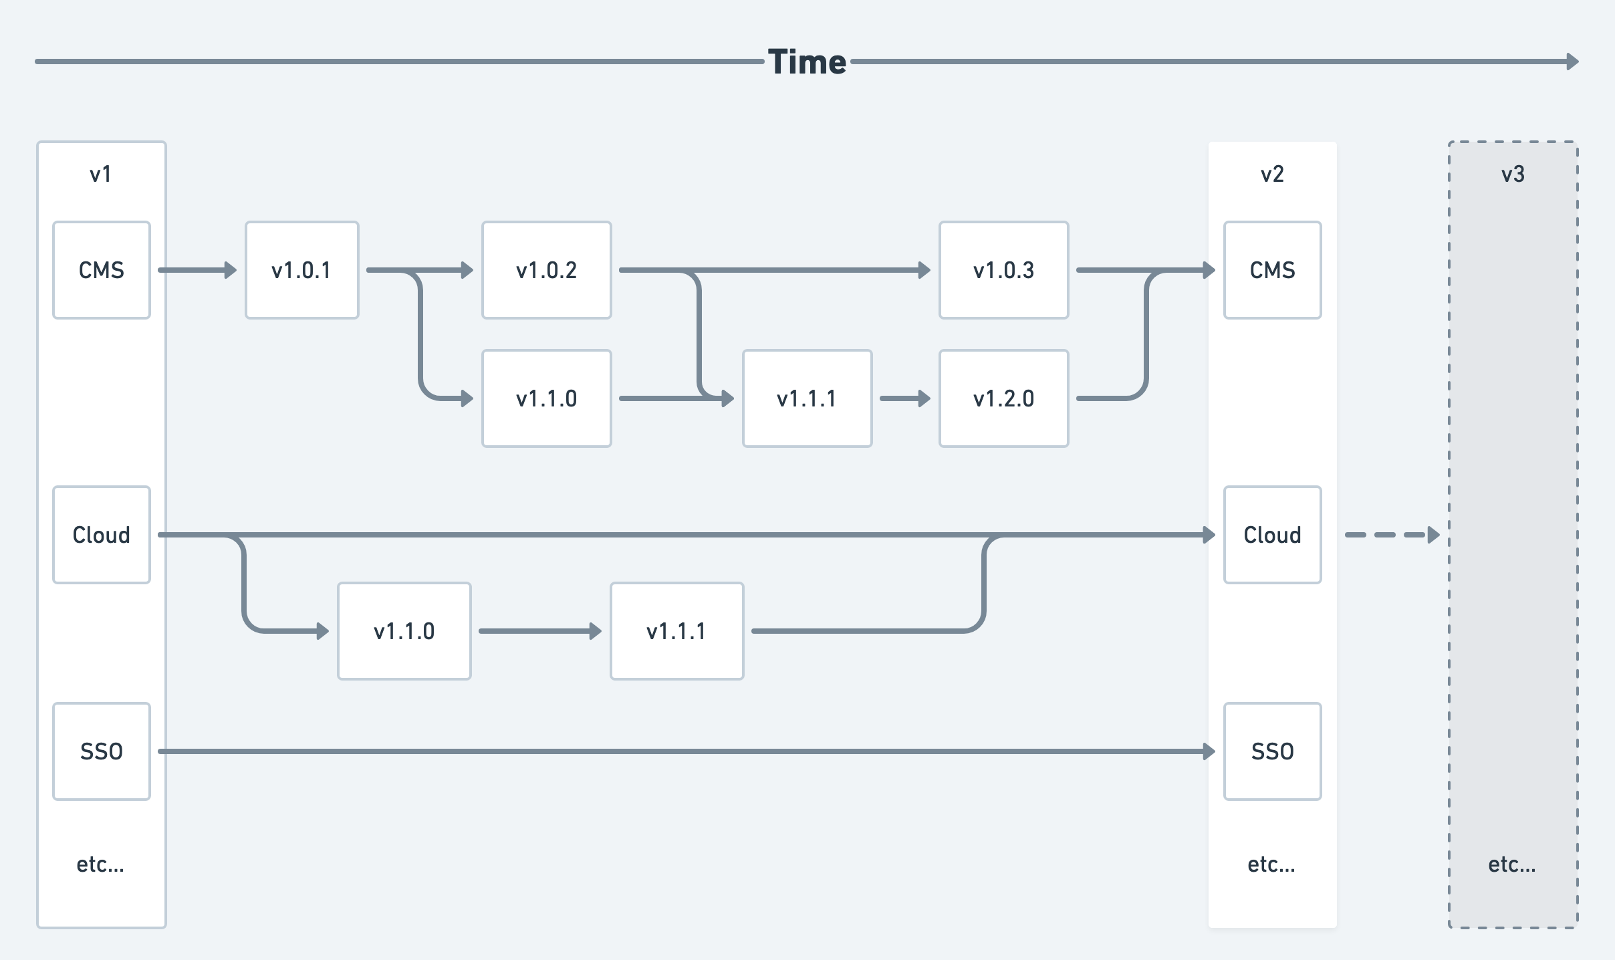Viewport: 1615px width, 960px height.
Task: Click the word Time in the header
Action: coord(807,62)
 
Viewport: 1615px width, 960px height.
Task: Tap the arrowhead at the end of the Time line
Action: coord(1573,62)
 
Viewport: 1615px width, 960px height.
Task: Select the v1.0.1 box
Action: coord(301,270)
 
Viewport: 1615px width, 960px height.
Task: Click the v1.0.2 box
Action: coord(546,270)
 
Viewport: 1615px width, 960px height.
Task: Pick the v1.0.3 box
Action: coord(1003,270)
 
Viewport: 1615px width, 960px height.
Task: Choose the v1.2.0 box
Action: coord(1003,398)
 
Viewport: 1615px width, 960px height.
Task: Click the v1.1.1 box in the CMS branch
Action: coord(807,398)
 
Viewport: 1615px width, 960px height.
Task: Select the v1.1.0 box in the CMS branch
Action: coord(546,398)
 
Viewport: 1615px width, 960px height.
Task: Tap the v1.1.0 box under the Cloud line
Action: coord(404,631)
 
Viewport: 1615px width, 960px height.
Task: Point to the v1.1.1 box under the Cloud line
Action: coord(676,631)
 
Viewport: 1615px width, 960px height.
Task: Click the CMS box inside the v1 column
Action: coord(102,270)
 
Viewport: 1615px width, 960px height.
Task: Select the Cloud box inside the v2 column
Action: coord(1272,535)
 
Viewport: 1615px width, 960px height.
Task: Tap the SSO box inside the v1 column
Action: coord(102,751)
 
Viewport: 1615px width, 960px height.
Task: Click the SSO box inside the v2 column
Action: coord(1272,751)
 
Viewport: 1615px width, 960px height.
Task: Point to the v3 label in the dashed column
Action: coord(1513,174)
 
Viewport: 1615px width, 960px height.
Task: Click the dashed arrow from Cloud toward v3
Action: coord(1390,535)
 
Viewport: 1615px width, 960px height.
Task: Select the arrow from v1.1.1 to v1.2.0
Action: coord(905,398)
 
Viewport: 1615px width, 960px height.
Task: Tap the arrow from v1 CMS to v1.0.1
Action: coord(197,270)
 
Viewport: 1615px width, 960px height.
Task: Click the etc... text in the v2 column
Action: coord(1271,864)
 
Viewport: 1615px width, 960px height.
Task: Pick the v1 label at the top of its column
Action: coord(101,174)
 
